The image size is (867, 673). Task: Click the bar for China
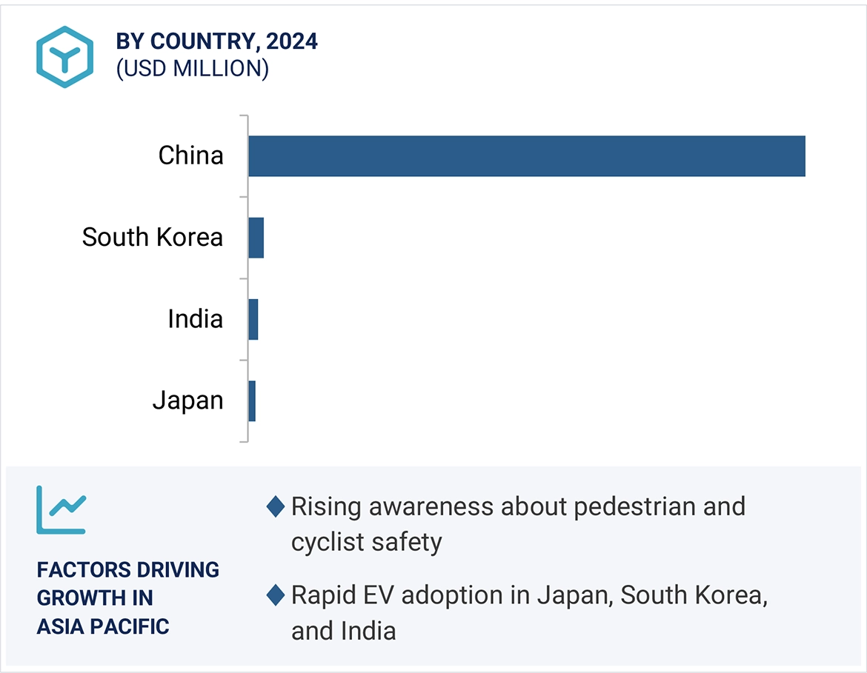pos(526,156)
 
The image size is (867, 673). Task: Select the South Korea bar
pos(256,238)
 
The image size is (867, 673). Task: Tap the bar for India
pos(253,319)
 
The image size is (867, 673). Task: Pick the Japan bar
pos(252,401)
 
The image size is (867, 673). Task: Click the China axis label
pos(190,155)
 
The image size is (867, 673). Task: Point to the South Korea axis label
pos(152,237)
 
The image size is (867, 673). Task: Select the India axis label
pos(195,318)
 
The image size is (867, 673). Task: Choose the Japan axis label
pos(187,400)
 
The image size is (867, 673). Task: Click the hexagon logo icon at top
pos(64,56)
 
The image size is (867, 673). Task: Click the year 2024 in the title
pos(292,41)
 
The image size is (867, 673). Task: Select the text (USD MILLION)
pos(192,68)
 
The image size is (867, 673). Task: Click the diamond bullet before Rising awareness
pos(275,507)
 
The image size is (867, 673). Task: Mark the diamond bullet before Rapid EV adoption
pos(275,595)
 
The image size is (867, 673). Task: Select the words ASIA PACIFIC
pos(103,626)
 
